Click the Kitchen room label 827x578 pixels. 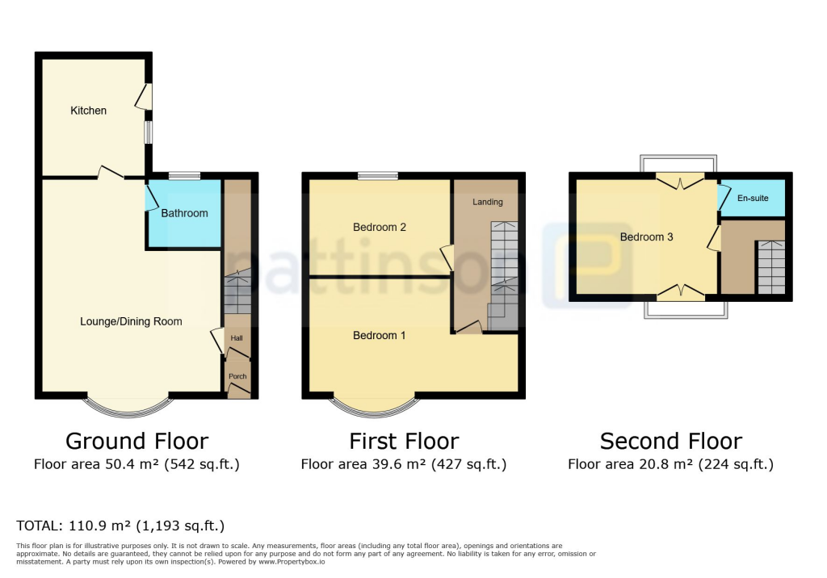[88, 111]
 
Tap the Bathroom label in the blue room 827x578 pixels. [184, 213]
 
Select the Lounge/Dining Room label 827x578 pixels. [131, 321]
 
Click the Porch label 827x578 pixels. [237, 376]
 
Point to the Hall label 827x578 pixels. [237, 338]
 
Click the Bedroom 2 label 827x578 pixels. [380, 227]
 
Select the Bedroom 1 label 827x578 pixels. [380, 335]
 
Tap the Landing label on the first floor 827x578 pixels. [488, 202]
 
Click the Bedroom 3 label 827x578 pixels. [646, 237]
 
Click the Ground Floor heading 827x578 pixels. [136, 441]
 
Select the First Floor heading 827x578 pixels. [404, 441]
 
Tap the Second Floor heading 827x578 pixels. [670, 441]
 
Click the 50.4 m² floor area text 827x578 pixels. [136, 464]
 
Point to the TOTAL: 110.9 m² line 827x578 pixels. [120, 526]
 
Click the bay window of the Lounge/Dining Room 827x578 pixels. [129, 407]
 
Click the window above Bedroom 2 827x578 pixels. [378, 175]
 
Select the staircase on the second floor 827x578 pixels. [771, 267]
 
